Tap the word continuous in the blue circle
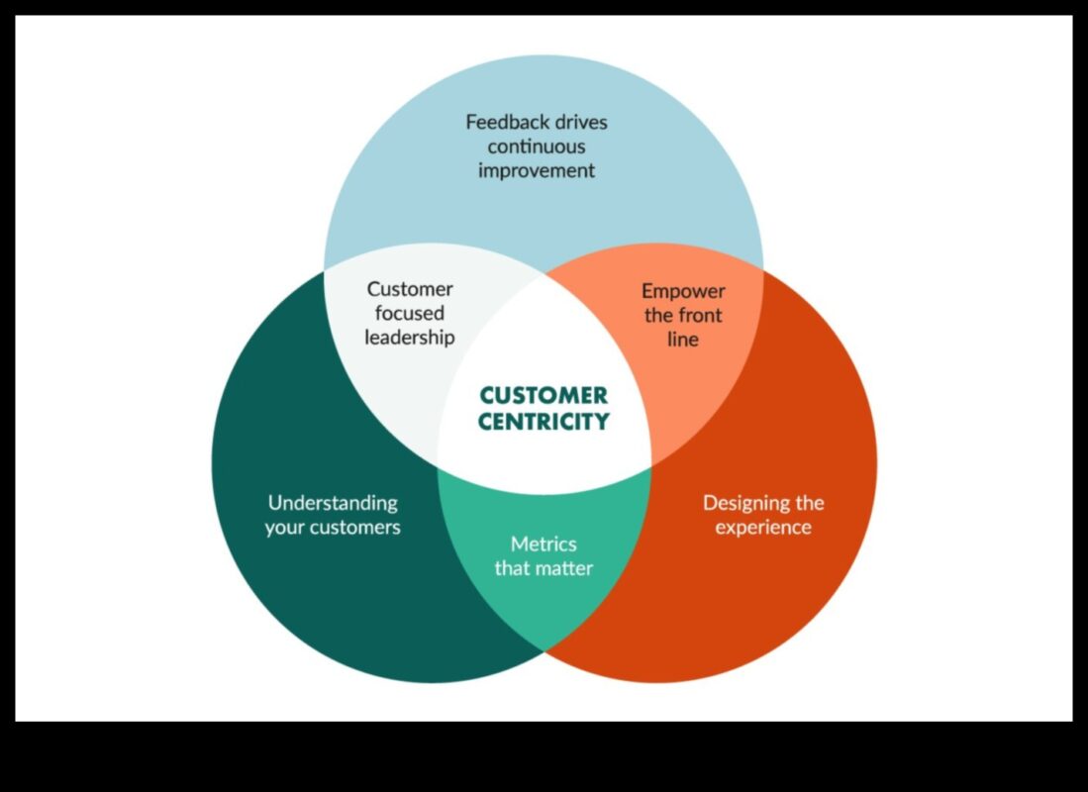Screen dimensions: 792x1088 [x=537, y=147]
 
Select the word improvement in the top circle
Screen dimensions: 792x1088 [x=537, y=170]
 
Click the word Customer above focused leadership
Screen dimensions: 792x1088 [x=410, y=289]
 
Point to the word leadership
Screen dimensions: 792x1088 [x=410, y=338]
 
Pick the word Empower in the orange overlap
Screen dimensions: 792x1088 [x=683, y=291]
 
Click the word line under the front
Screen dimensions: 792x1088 [x=683, y=340]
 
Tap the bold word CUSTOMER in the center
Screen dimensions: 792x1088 [x=544, y=396]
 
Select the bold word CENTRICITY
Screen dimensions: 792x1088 [x=544, y=422]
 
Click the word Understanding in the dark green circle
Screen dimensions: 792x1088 [x=333, y=503]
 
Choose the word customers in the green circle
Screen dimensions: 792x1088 [x=353, y=527]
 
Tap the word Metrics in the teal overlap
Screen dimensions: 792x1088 [x=544, y=544]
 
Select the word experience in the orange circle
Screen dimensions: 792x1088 [x=763, y=527]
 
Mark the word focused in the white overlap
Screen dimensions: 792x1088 [x=410, y=314]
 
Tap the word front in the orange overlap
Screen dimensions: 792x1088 [x=701, y=316]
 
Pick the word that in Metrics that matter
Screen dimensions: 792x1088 [x=513, y=569]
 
